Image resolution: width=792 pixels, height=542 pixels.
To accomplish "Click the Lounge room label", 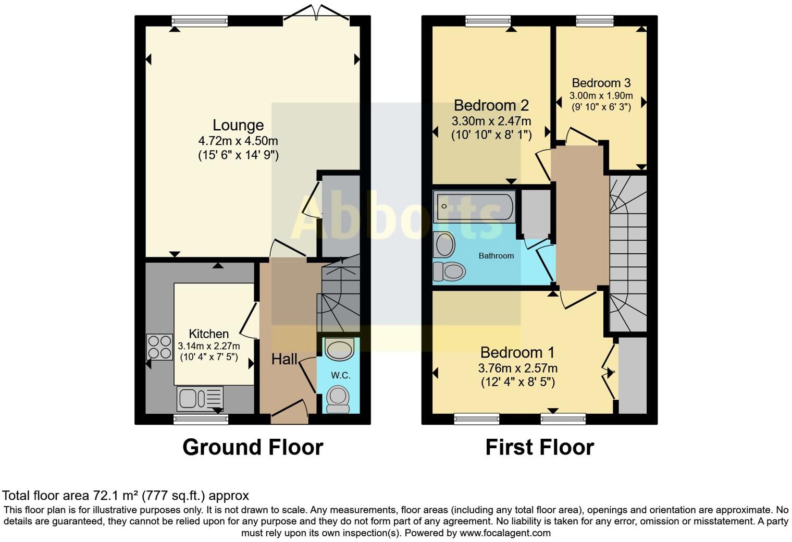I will click(238, 125).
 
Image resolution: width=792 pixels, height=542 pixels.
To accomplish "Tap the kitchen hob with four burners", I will click(159, 347).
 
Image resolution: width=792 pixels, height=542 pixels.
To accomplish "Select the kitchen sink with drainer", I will click(200, 399).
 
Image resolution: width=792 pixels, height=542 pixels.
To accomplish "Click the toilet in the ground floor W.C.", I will click(338, 399).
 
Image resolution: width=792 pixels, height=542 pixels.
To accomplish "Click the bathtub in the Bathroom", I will click(474, 206).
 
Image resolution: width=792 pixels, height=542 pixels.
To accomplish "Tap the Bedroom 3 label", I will click(601, 83).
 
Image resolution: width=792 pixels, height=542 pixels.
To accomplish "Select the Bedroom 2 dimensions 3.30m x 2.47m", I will click(491, 121).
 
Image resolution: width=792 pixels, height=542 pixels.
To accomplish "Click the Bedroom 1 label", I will click(517, 353).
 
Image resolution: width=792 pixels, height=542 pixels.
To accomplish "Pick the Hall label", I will click(284, 359).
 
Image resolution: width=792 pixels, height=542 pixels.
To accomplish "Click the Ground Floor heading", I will click(253, 447).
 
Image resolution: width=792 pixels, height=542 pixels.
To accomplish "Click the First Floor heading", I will click(539, 447).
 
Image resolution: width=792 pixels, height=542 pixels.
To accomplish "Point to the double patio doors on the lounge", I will click(316, 13).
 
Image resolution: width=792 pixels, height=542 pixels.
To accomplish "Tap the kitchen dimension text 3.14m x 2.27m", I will click(209, 346).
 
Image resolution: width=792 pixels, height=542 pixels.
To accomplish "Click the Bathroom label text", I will click(496, 256).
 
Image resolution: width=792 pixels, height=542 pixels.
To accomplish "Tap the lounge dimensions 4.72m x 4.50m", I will click(238, 141).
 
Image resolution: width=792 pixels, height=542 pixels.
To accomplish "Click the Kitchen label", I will click(208, 334).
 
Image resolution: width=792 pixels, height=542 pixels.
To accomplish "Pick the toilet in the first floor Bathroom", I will click(449, 270).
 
